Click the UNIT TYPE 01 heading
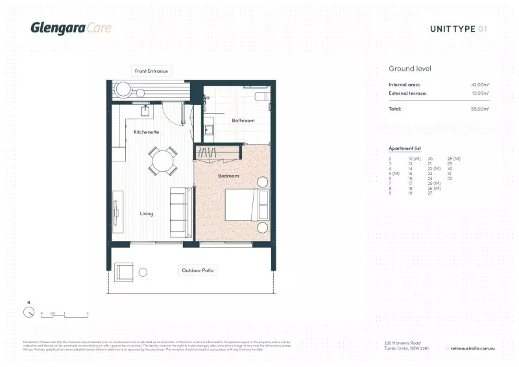coord(458,29)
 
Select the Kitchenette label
coord(147,132)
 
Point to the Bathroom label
coord(243,120)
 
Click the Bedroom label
coord(228,176)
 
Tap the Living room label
coord(147,213)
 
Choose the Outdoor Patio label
coord(197,270)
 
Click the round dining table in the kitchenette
coord(162,161)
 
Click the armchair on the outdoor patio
coord(125,271)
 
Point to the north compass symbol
coord(29,311)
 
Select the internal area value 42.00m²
coord(479,85)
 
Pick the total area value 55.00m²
coord(479,109)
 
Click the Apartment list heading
coord(404,148)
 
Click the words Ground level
coord(410,69)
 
